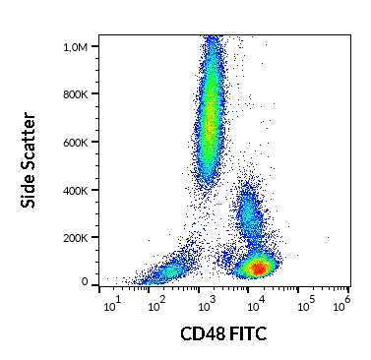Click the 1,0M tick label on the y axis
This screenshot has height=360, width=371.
(75, 46)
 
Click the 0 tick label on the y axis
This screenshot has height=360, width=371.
(85, 282)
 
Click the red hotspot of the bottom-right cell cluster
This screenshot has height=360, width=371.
(258, 267)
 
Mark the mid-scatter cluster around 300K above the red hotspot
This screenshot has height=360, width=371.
(248, 218)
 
